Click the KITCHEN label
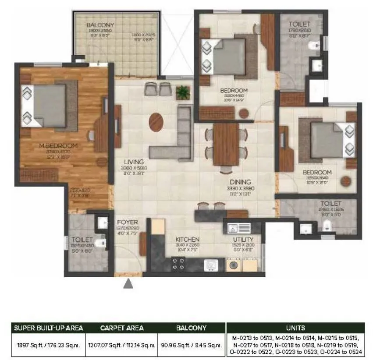pyautogui.click(x=188, y=240)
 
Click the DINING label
pyautogui.click(x=239, y=182)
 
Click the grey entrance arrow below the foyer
pyautogui.click(x=128, y=284)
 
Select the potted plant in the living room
pyautogui.click(x=183, y=92)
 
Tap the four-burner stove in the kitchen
pyautogui.click(x=179, y=264)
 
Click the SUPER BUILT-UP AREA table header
pyautogui.click(x=48, y=328)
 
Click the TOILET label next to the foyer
pyautogui.click(x=82, y=240)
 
